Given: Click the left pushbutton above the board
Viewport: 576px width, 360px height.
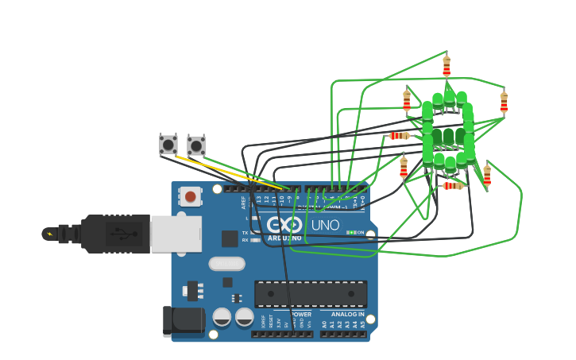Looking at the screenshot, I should pos(168,144).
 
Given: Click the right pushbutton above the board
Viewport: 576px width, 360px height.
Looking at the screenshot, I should pos(195,145).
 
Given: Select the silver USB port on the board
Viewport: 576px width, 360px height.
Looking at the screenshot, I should pos(176,234).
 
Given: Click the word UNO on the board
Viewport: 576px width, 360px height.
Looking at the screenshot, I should pos(325,225).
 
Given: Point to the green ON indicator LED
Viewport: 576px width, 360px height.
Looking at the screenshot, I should pos(350,233).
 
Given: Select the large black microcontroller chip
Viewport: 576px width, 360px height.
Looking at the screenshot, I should pos(311,293).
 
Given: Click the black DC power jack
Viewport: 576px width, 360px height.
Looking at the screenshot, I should pos(184,319).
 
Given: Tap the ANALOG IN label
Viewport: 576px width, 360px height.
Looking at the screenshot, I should pos(343,315).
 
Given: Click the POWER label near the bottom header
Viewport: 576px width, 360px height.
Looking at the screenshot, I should pos(301,314).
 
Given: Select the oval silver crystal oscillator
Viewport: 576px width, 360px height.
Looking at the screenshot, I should pos(227,264).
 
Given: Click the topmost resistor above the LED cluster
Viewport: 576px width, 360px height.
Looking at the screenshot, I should pos(446,66).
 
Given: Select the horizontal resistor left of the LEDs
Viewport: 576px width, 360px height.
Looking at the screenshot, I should pos(400,136).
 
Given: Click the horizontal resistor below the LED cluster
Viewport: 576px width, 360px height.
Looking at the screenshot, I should pos(453,186).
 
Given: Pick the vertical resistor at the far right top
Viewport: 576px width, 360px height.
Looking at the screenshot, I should pos(504,103).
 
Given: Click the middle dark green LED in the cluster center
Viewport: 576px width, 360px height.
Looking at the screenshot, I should pos(448,137).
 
